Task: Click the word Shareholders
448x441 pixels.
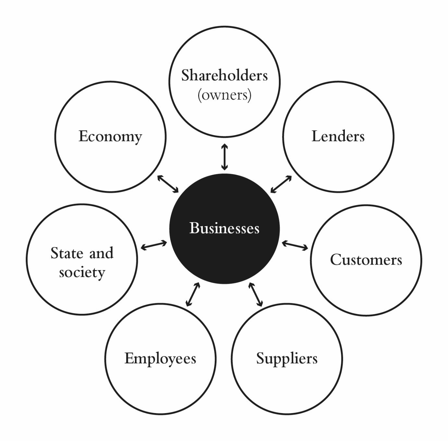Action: tap(224, 75)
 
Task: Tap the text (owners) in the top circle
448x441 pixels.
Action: tap(224, 95)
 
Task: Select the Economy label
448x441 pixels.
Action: tap(110, 137)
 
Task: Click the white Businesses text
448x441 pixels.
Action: tap(224, 228)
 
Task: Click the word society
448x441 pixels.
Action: tap(82, 272)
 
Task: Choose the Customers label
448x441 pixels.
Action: tap(366, 260)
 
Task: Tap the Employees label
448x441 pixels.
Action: tap(160, 359)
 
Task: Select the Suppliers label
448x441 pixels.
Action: tap(287, 359)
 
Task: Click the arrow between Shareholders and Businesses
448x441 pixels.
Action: tap(224, 157)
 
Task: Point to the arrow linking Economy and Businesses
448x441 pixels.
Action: tap(168, 184)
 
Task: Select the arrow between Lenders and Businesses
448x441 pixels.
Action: tap(281, 184)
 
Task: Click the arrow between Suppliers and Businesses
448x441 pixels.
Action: tap(256, 294)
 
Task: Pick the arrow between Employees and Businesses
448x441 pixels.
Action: tap(193, 294)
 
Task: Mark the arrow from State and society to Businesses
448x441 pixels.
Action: tap(154, 245)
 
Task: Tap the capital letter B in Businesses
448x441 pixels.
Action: tap(194, 228)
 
